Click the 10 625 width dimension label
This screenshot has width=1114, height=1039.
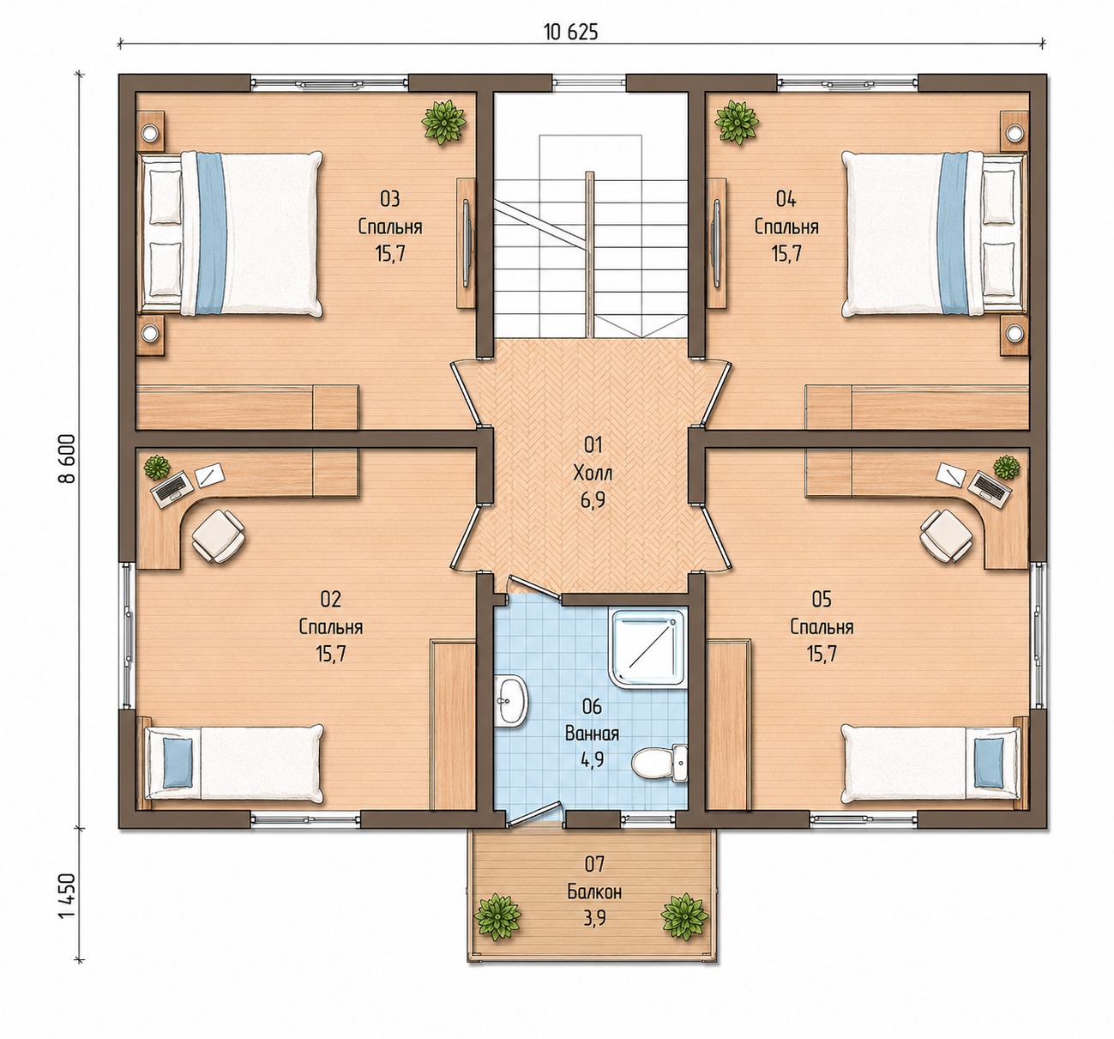(571, 33)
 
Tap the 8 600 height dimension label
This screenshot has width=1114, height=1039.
(67, 458)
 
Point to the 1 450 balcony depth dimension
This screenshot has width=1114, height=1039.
(67, 896)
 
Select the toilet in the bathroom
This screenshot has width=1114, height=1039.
(659, 763)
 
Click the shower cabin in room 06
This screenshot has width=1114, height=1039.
(648, 649)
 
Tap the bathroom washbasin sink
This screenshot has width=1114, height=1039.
(510, 700)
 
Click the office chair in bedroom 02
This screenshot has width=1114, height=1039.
(219, 535)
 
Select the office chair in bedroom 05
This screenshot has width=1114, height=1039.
(946, 535)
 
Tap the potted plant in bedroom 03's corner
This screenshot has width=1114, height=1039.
(443, 122)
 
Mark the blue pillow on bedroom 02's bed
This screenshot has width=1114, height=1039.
(178, 763)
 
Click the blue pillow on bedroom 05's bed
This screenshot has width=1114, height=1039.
(989, 763)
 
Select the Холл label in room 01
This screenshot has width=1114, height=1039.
(593, 474)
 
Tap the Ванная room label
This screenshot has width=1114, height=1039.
(592, 734)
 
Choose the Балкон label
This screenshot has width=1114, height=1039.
(594, 891)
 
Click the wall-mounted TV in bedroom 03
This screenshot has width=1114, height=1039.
(467, 243)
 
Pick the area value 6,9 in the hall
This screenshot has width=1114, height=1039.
(593, 499)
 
